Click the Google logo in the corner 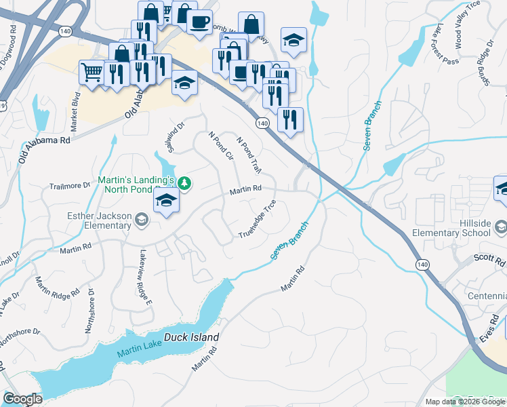coord(22,399)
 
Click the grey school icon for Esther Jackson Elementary coord(142,218)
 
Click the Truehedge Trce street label coord(258,219)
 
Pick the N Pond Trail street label coord(248,155)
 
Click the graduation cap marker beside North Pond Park coord(167,201)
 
